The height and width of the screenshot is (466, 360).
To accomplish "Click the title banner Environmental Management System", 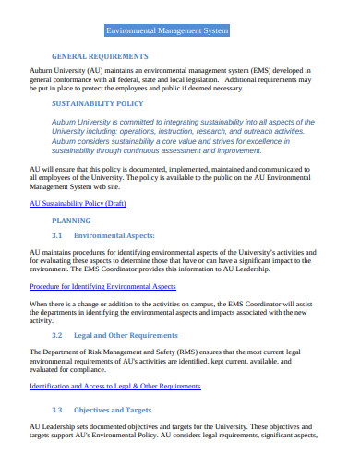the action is pyautogui.click(x=167, y=30).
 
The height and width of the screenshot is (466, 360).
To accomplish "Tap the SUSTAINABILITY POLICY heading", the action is pyautogui.click(x=98, y=104).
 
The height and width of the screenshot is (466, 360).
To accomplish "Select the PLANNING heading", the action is pyautogui.click(x=71, y=221).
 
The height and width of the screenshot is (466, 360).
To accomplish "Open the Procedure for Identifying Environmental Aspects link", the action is pyautogui.click(x=102, y=287).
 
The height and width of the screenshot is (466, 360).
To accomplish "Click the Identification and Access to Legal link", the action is pyautogui.click(x=108, y=385).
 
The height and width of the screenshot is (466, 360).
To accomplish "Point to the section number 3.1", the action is pyautogui.click(x=57, y=236).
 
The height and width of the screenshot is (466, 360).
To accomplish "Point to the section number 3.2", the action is pyautogui.click(x=57, y=335).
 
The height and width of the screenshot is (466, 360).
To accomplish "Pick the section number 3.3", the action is pyautogui.click(x=57, y=409).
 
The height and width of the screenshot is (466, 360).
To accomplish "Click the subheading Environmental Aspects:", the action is pyautogui.click(x=114, y=236).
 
